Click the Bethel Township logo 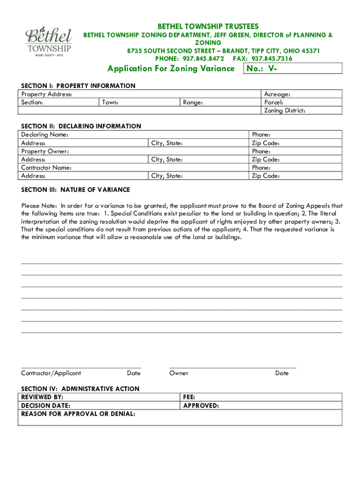49,42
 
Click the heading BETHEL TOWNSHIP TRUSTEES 208,26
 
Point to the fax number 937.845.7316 272,58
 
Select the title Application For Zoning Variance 171,69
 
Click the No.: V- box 293,69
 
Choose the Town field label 110,102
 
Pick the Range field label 193,102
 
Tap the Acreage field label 277,94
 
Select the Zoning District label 285,110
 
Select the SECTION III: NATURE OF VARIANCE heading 76,190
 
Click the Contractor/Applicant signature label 51,373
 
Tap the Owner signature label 179,373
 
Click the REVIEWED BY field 43,397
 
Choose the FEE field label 189,397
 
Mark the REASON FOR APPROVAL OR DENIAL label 78,414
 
